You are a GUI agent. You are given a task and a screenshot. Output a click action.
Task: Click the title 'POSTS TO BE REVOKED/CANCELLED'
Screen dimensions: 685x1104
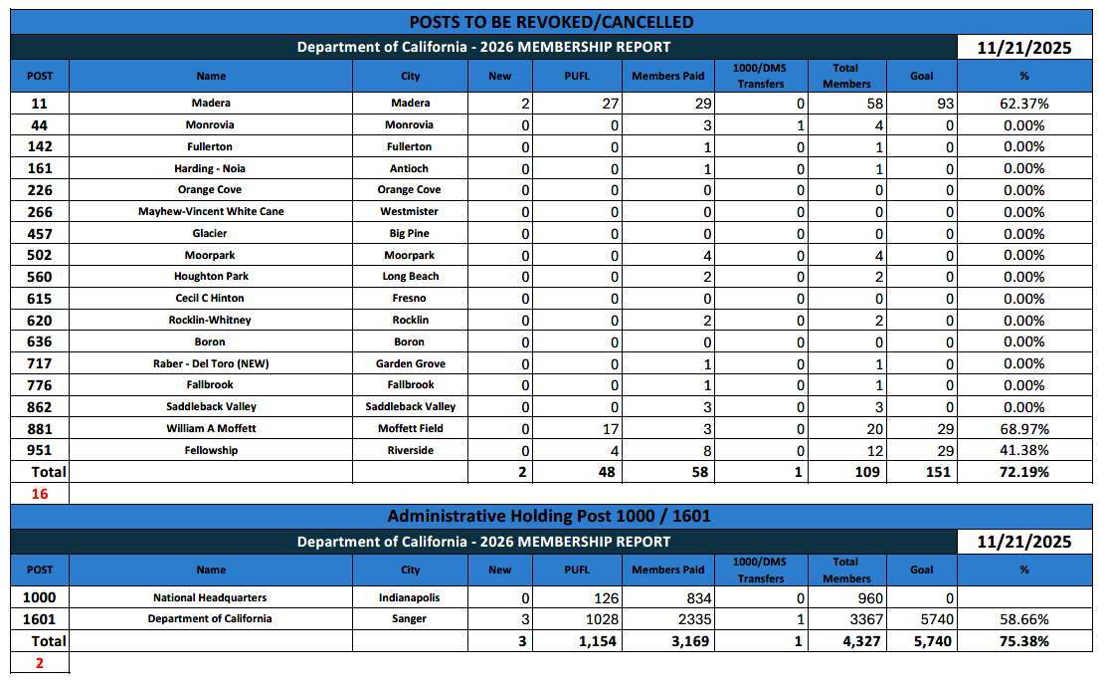551,22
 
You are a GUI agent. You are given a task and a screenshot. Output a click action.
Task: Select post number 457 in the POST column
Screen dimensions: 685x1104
40,234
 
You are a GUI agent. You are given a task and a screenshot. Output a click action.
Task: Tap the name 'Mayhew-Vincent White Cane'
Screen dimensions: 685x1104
211,212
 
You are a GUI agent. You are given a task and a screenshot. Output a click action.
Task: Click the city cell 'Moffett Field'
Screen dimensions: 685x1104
411,429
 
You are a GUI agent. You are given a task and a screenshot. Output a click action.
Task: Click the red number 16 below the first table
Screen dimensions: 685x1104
40,494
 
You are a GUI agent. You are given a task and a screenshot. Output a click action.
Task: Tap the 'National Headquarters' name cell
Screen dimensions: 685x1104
210,598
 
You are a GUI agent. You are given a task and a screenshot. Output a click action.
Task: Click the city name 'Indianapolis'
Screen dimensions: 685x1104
410,598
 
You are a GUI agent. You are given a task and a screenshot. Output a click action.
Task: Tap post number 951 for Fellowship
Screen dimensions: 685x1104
40,451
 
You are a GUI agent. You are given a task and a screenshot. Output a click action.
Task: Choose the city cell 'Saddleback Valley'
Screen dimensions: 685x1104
411,407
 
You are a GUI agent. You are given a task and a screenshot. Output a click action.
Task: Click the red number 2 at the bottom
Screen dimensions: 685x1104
40,663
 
